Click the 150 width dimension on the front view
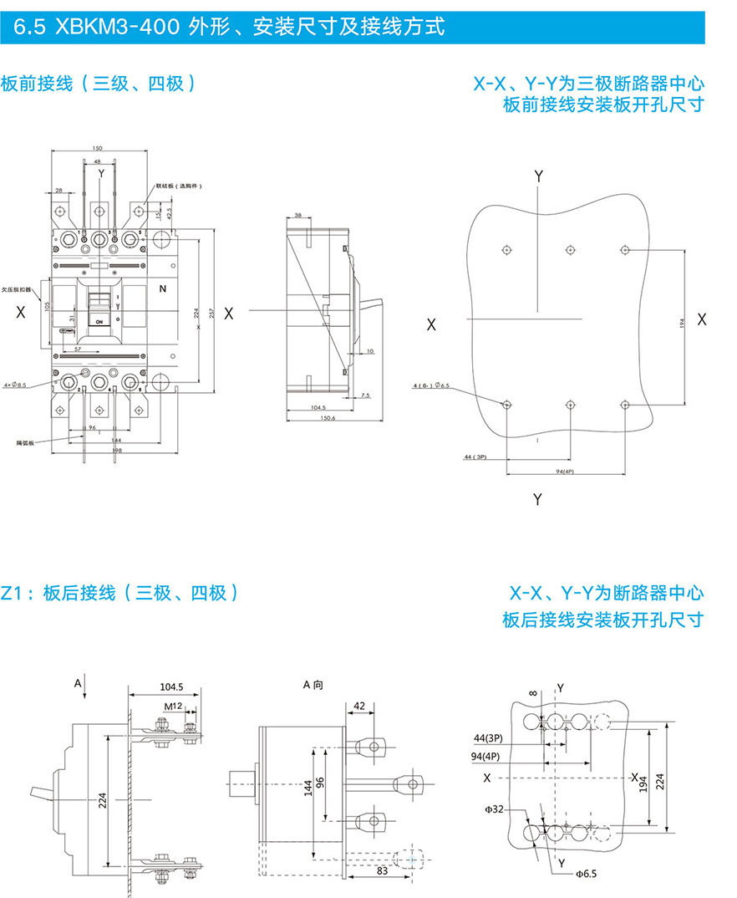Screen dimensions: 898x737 click(x=98, y=147)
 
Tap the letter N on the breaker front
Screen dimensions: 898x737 click(x=164, y=289)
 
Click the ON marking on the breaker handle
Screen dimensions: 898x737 click(x=99, y=321)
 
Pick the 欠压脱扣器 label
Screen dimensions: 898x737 click(x=18, y=288)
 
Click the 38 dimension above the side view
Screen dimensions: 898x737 click(x=298, y=215)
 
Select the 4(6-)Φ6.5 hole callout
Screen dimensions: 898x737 click(x=432, y=385)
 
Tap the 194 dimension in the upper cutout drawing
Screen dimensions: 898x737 click(x=682, y=322)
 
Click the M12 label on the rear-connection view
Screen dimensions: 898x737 click(x=173, y=707)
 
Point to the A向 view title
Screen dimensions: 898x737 click(x=313, y=684)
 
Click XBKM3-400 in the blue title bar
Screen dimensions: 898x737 click(x=116, y=28)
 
